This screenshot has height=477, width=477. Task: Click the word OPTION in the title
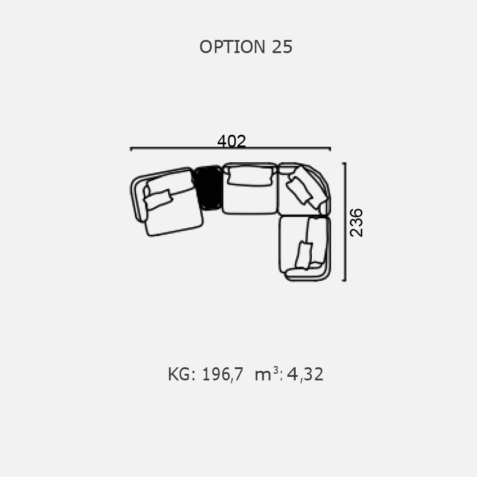tap(233, 47)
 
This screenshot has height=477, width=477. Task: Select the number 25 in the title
tap(282, 47)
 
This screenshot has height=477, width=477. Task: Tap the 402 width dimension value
tap(231, 141)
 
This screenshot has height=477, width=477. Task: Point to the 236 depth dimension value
tap(356, 222)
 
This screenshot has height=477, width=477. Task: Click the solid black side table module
tap(209, 188)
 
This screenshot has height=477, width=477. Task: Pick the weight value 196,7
tap(222, 374)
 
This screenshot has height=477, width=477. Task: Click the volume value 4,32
tap(305, 374)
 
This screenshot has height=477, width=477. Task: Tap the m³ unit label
tap(267, 374)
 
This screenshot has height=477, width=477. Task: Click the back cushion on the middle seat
tap(250, 175)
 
